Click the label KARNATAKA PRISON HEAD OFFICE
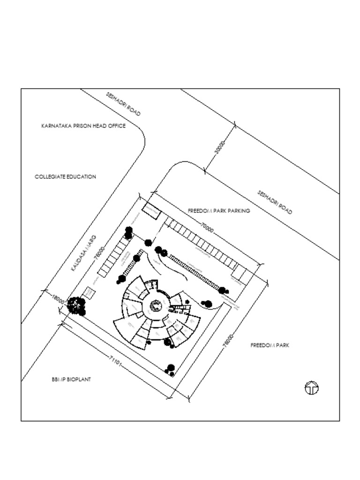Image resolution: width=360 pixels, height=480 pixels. pyautogui.click(x=83, y=126)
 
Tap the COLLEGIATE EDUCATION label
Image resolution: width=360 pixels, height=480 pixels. pyautogui.click(x=65, y=177)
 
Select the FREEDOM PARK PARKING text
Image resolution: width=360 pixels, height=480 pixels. pyautogui.click(x=219, y=211)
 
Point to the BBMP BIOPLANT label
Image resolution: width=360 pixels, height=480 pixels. pyautogui.click(x=71, y=379)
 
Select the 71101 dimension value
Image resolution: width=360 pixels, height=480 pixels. pyautogui.click(x=116, y=360)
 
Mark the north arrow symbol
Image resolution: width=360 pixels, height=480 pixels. pyautogui.click(x=312, y=388)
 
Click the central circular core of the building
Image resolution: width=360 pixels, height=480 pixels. pyautogui.click(x=156, y=307)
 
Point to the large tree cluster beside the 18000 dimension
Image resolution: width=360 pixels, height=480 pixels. pyautogui.click(x=76, y=306)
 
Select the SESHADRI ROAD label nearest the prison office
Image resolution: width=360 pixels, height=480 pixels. pyautogui.click(x=123, y=104)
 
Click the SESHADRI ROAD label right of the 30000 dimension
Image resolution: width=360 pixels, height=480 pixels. pyautogui.click(x=275, y=202)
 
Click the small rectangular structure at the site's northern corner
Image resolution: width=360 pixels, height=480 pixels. pyautogui.click(x=151, y=210)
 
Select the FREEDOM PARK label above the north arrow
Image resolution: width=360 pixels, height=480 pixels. pyautogui.click(x=270, y=345)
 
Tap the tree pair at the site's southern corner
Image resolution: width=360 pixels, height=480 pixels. pyautogui.click(x=170, y=370)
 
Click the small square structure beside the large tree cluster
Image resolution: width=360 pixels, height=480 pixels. pyautogui.click(x=88, y=293)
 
